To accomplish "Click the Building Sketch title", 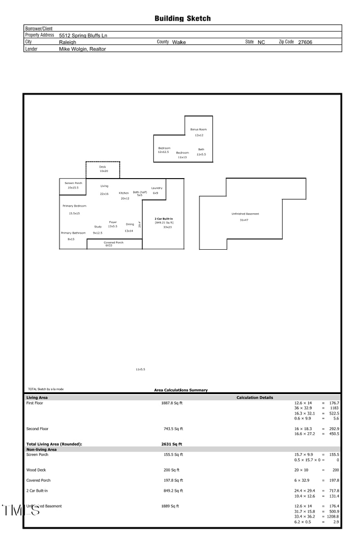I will click(182, 18).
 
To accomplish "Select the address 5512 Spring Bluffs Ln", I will click(83, 36).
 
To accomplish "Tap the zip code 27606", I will click(305, 42).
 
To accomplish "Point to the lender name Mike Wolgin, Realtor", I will click(83, 49).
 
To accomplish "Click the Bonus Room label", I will click(198, 130).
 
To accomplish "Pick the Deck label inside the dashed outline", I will click(103, 167).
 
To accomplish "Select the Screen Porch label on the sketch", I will click(73, 183).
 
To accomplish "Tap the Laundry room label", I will click(157, 188).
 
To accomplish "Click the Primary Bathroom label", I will click(73, 233).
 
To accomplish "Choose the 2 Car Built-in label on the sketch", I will click(164, 219).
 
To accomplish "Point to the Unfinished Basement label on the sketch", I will click(245, 214).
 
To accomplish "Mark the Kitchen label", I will click(124, 193).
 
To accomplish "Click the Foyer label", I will click(113, 222).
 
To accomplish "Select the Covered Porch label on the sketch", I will click(113, 242).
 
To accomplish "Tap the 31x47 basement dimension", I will click(244, 220).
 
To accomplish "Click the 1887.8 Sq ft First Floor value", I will click(172, 403).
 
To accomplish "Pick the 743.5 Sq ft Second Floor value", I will click(173, 429).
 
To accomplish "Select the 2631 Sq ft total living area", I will click(171, 444).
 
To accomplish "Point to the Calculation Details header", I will click(255, 398).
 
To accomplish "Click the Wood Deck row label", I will click(36, 470).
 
